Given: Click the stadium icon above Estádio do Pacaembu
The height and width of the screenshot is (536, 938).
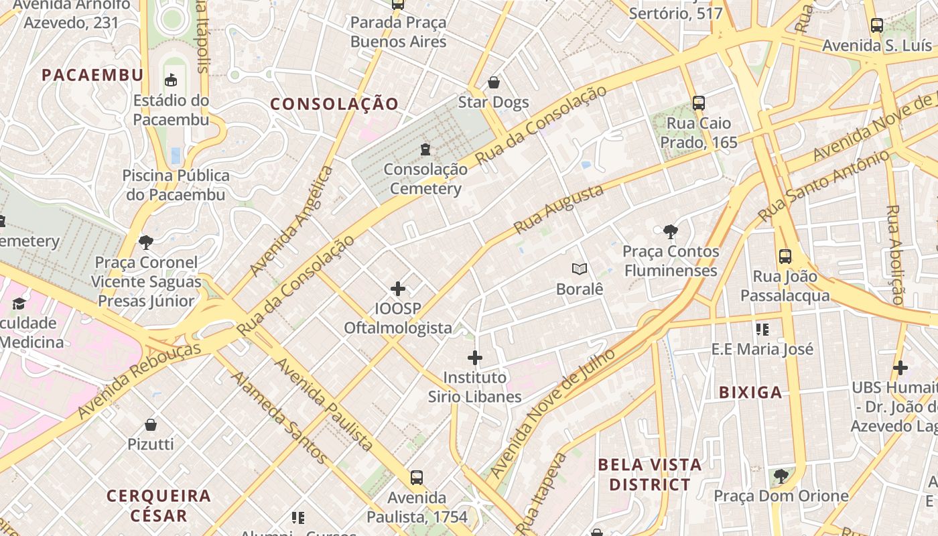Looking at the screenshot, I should (171, 80).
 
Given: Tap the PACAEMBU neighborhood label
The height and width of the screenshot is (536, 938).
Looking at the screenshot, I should (92, 75).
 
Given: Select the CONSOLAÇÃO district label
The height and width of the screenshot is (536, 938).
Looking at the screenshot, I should (334, 104).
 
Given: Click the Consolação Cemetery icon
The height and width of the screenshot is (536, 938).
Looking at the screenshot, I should (425, 149).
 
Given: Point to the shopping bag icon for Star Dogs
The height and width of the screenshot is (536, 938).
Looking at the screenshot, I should (494, 82).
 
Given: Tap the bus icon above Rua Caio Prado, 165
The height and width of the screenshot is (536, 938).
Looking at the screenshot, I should (699, 103).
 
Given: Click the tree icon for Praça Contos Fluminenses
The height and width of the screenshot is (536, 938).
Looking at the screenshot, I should (670, 232).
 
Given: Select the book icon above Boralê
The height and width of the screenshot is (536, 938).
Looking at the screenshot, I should (580, 269).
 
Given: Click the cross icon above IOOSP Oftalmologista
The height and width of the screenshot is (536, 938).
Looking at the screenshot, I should (398, 289).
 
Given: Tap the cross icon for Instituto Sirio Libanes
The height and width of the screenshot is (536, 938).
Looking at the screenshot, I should (475, 358).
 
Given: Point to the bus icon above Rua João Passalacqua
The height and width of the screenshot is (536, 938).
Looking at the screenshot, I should (785, 256).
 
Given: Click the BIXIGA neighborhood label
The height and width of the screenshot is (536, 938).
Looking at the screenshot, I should (750, 393).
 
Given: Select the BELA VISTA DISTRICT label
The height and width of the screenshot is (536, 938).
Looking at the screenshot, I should (649, 474).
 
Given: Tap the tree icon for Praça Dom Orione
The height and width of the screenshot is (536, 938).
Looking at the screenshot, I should (781, 476).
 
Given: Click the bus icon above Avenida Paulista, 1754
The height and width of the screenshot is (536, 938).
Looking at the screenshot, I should (417, 478).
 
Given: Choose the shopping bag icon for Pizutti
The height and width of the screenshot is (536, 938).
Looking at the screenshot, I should (151, 425).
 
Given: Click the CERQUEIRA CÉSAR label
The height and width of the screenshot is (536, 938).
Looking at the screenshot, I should (159, 506).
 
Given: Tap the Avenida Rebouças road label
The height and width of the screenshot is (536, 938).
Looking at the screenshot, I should (139, 381).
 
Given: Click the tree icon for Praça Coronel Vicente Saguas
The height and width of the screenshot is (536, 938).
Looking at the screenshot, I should (146, 242).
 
